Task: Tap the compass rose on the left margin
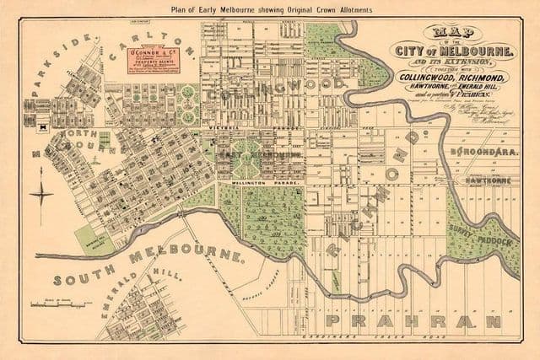41,195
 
